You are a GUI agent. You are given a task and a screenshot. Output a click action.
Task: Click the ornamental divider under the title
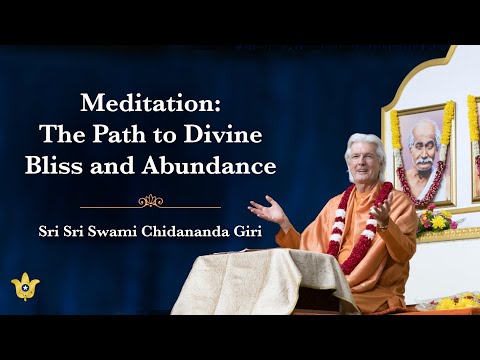coord(150,201)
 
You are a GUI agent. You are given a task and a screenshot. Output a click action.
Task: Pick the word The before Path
coord(111,133)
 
